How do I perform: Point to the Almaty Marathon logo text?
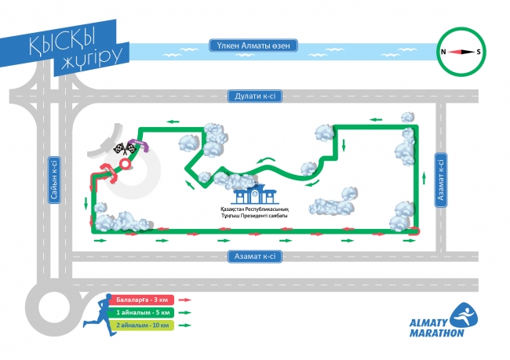(438, 326)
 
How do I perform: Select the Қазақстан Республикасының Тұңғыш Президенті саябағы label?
(254, 213)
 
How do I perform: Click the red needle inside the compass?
(462, 52)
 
